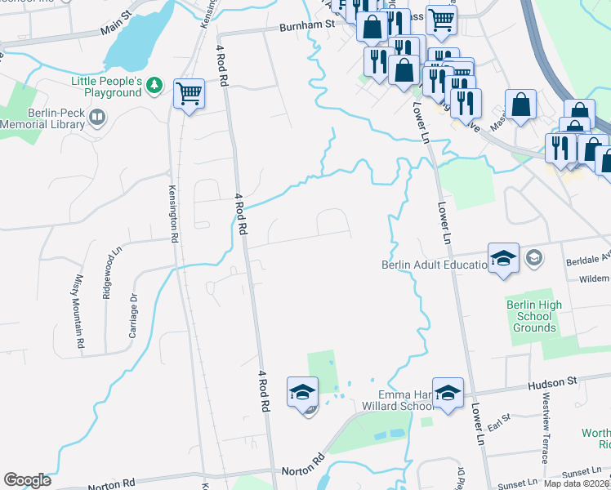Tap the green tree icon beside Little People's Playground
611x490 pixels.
click(x=155, y=86)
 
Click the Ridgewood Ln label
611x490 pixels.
click(x=106, y=276)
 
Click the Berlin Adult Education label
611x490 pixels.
click(x=434, y=264)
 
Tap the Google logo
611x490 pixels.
click(x=27, y=480)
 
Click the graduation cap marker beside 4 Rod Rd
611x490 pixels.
click(x=301, y=391)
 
